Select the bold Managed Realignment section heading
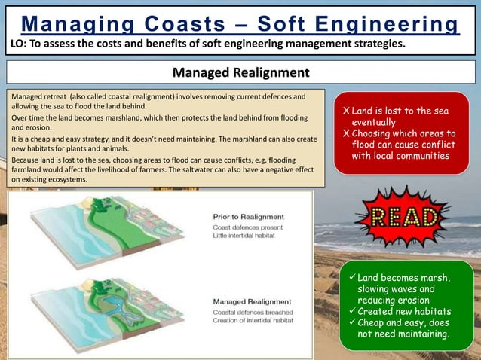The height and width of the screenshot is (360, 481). pos(240,73)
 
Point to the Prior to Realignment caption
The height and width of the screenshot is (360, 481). pos(248,217)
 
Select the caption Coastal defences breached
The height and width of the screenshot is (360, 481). pos(252,311)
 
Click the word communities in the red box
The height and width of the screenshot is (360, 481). pos(421,156)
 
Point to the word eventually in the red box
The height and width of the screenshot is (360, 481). pos(376,122)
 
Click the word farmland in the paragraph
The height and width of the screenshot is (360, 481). pos(28,169)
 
